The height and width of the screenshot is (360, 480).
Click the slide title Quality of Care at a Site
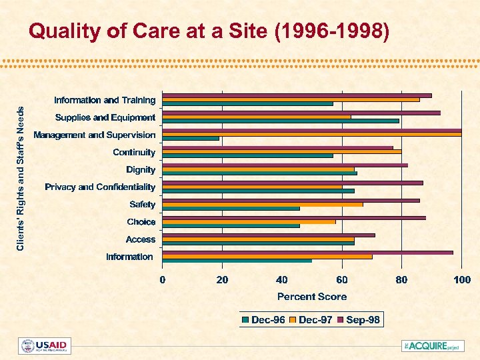[209, 31]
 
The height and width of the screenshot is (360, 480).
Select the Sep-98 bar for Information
[307, 252]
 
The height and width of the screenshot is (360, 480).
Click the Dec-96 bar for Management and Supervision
[191, 139]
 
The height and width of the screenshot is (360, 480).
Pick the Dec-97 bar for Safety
[263, 205]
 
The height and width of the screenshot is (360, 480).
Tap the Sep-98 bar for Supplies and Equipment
[301, 113]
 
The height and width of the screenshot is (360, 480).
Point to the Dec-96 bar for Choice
[231, 226]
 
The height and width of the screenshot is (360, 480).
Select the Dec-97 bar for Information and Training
[291, 99]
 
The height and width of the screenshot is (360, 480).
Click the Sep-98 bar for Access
[269, 235]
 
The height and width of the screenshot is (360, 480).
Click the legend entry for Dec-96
[264, 320]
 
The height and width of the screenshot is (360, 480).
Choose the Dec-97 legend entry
[311, 320]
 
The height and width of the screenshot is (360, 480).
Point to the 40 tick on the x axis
[282, 279]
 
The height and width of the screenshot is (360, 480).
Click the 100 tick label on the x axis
[461, 279]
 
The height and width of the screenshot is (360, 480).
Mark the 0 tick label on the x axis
[163, 279]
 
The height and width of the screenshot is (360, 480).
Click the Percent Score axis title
[312, 297]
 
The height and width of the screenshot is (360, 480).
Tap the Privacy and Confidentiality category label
[100, 187]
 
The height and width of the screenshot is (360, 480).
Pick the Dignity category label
[141, 170]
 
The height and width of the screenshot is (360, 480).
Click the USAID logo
[45, 346]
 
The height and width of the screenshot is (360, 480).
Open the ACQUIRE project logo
[432, 346]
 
